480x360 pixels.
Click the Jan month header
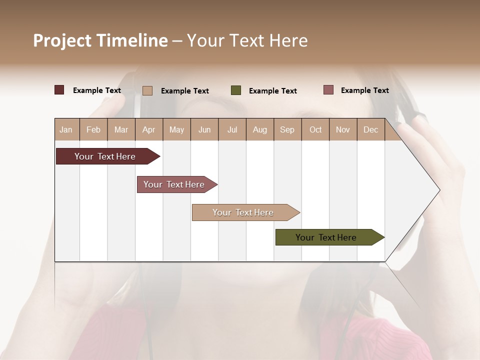[66, 129]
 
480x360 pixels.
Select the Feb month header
[93, 129]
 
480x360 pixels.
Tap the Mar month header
[121, 129]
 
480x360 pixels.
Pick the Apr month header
[149, 129]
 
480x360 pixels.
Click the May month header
[176, 129]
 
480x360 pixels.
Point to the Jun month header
[204, 129]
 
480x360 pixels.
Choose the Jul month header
[232, 129]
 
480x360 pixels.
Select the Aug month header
[260, 129]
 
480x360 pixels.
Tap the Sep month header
[287, 129]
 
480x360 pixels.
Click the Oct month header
[315, 129]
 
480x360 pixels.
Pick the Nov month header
[343, 129]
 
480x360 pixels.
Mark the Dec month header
[371, 129]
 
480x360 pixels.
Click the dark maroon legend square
[59, 90]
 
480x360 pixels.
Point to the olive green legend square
[236, 90]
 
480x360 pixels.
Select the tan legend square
[147, 90]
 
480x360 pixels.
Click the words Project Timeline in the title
[100, 40]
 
